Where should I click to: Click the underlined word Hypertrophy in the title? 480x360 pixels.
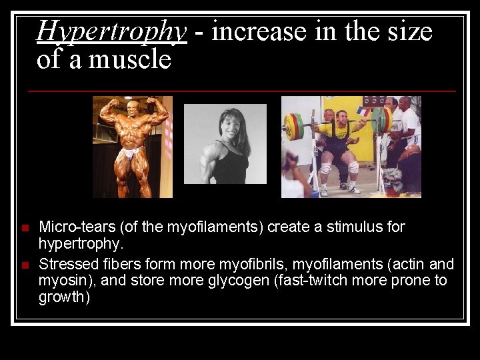tap(111, 31)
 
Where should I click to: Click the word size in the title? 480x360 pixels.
tap(407, 31)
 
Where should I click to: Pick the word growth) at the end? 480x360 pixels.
tap(64, 297)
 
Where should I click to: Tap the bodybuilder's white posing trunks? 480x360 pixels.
tap(129, 153)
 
